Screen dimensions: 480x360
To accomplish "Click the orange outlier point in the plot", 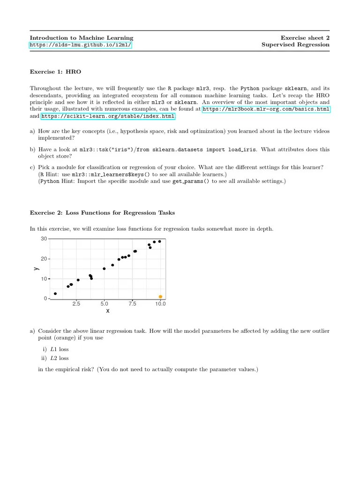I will (160, 297).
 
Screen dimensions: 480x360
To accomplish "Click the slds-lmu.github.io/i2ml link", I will (81, 45).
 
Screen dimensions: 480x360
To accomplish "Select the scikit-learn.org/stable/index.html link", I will (108, 116).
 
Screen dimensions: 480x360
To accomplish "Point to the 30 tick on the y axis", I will (44, 239).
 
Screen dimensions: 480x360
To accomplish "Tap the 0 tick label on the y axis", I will (45, 299).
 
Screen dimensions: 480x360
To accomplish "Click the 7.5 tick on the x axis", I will (132, 304).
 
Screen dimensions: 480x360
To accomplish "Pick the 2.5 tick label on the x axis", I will (76, 304).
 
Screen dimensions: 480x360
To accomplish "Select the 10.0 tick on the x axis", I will (160, 304).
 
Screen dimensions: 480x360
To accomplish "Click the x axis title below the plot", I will (108, 311).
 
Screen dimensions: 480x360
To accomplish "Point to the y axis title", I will (36, 269).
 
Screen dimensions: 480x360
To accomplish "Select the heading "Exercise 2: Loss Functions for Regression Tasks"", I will (102, 213).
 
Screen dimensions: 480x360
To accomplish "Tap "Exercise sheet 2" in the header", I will (305, 38).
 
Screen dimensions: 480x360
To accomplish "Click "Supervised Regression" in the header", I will (295, 45).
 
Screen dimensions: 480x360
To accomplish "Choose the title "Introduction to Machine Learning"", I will (82, 38).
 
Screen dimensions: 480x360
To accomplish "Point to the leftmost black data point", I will (55, 293).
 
